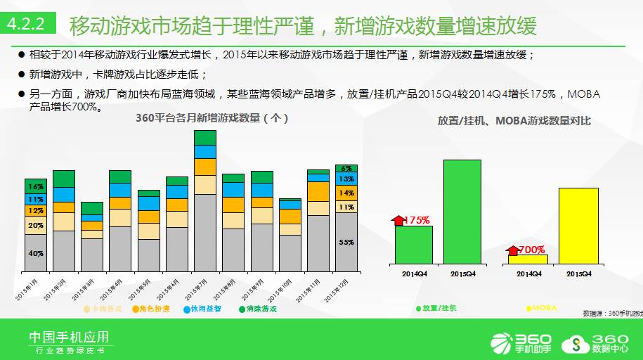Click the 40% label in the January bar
click(36, 253)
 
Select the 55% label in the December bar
click(346, 242)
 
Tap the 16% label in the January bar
click(36, 187)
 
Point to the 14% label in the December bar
click(346, 193)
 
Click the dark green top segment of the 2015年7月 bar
click(204, 137)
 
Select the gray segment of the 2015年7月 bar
click(204, 233)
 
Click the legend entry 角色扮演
click(152, 309)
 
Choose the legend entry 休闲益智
click(202, 309)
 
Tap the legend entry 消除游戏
click(257, 309)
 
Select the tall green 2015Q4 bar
click(462, 211)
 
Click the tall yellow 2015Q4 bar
click(578, 225)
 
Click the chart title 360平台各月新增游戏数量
click(211, 119)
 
